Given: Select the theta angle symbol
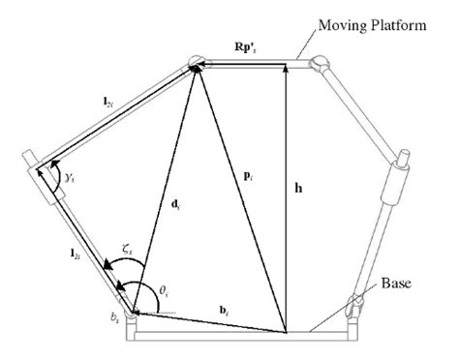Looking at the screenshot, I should coord(147,287).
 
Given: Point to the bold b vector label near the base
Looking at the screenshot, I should coord(224,310).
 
